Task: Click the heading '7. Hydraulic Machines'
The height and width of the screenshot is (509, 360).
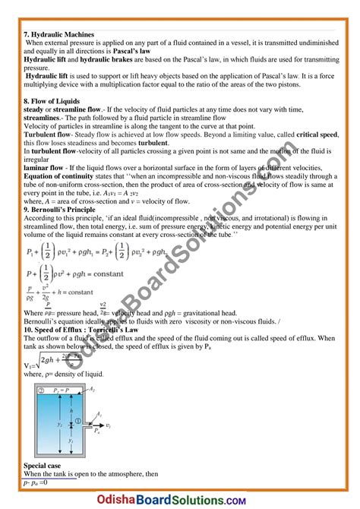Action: [x=59, y=35]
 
